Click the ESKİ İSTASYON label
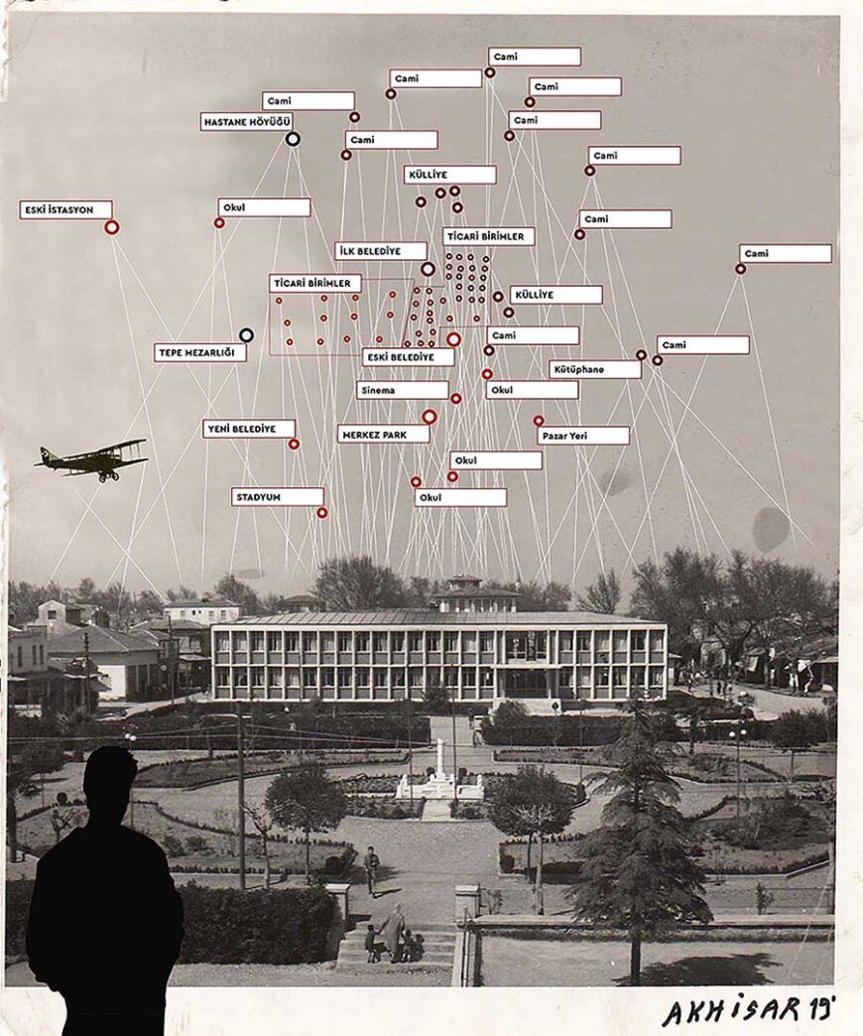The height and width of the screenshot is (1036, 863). pos(65,210)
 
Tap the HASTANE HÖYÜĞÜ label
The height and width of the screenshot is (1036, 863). pos(246,122)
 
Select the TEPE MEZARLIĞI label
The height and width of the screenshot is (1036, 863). pos(200,352)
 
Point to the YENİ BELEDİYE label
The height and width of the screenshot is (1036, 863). pos(249,429)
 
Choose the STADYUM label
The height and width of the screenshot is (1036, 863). pos(278,497)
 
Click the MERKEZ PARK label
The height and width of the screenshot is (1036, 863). pos(384,434)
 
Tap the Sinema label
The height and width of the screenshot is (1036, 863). pos(402,391)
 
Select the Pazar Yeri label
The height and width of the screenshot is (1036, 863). pos(583,436)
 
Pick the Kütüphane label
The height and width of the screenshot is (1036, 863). pos(595,369)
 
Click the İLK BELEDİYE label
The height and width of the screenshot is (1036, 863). pos(381,251)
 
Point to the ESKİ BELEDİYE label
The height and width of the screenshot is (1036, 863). pos(408,356)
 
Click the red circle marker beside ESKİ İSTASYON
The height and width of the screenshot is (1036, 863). pos(112,227)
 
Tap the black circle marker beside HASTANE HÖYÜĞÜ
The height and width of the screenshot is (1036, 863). pos(293,139)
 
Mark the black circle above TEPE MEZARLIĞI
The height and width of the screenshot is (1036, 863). pos(246,335)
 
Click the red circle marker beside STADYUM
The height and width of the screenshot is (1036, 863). pos(322,513)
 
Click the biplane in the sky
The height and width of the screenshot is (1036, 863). pos(93,459)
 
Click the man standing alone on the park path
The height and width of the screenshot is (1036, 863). pos(371,868)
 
